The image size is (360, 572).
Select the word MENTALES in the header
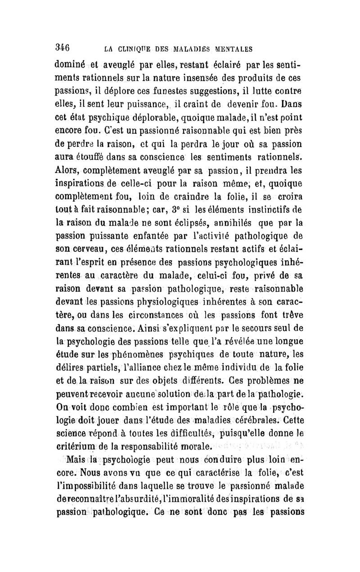coord(229,48)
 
